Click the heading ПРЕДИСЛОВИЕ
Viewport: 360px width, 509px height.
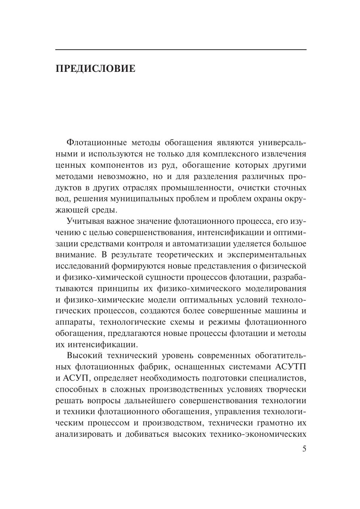click(x=95, y=69)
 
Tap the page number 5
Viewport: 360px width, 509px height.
click(x=304, y=449)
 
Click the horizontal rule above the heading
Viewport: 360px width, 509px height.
click(x=181, y=50)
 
